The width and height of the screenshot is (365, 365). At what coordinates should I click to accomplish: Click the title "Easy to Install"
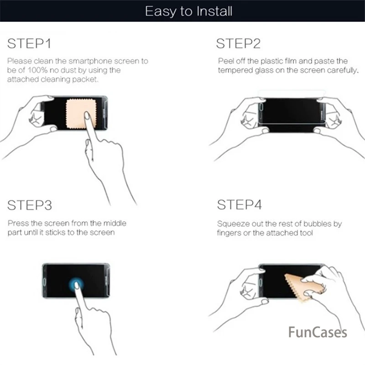tap(188, 11)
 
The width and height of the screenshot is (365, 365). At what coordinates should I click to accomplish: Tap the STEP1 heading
tap(29, 43)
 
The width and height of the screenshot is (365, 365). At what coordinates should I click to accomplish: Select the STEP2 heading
tap(238, 43)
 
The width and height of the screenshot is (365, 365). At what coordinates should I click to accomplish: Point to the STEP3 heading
tap(30, 205)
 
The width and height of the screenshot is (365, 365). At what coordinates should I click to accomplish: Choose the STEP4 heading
tap(239, 205)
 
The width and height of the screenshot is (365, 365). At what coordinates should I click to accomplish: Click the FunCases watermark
tap(318, 332)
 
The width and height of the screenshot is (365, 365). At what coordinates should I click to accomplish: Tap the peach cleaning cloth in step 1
tap(81, 113)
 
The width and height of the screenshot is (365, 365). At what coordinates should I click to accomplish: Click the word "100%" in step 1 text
tap(37, 70)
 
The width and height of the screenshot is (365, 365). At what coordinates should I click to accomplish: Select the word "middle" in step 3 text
tap(115, 223)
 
